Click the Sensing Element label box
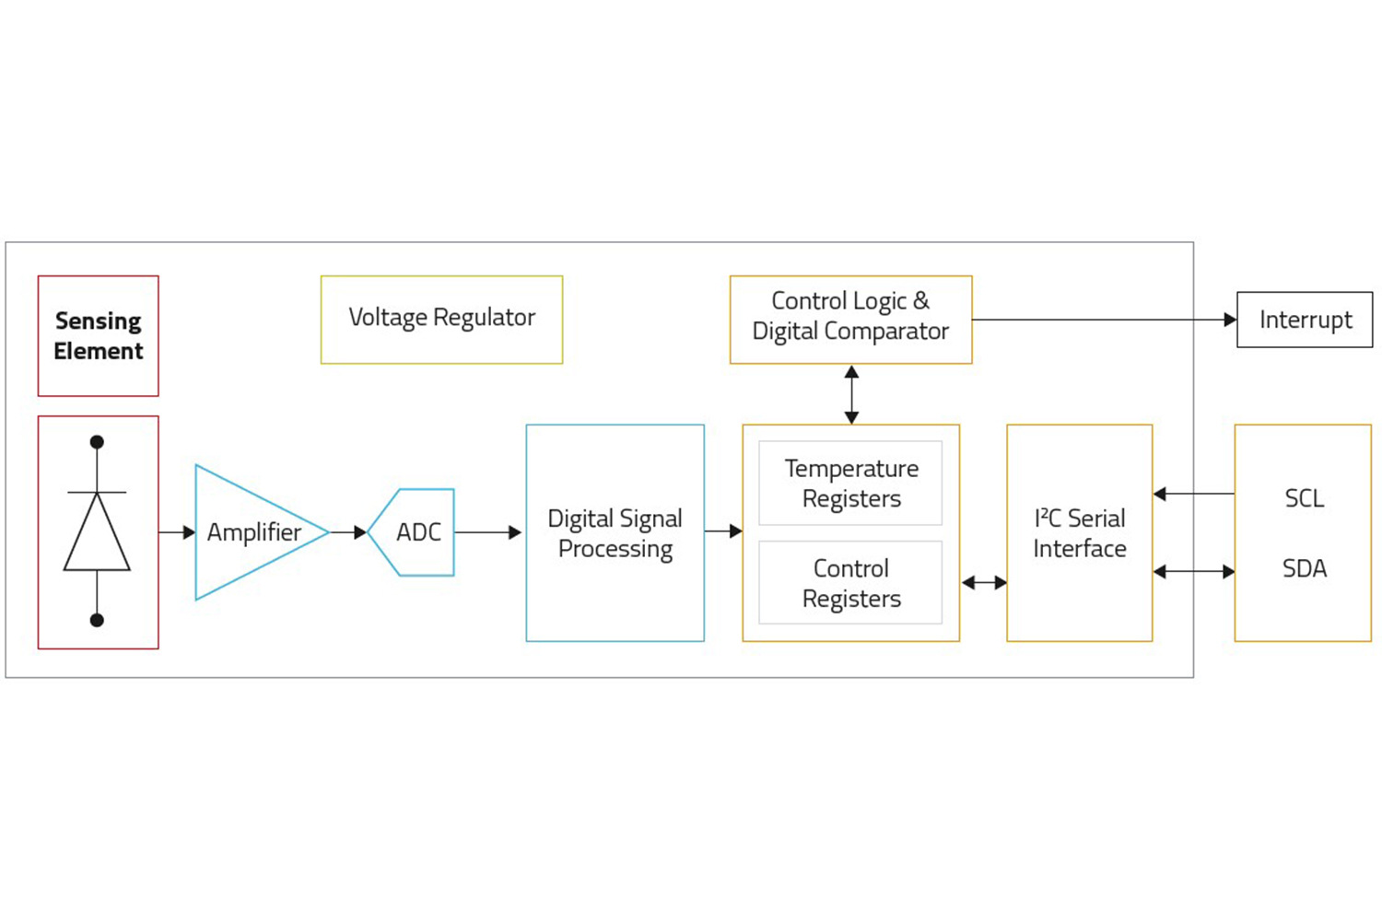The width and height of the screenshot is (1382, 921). pyautogui.click(x=98, y=336)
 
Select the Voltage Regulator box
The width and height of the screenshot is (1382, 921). pyautogui.click(x=441, y=319)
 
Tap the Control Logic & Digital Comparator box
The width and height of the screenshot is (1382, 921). pyautogui.click(x=850, y=319)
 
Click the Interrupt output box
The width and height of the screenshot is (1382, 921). pyautogui.click(x=1305, y=320)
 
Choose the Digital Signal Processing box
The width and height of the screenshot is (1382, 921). pyautogui.click(x=615, y=532)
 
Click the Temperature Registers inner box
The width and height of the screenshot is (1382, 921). pyautogui.click(x=850, y=484)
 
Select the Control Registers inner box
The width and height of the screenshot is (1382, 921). pyautogui.click(x=850, y=583)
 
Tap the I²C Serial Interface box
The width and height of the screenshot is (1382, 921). pyautogui.click(x=1079, y=532)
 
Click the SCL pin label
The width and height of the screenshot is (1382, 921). pyautogui.click(x=1304, y=498)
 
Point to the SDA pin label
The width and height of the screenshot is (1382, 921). pyautogui.click(x=1304, y=568)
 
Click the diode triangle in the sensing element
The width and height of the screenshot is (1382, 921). pyautogui.click(x=97, y=534)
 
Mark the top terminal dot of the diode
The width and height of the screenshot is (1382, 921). pyautogui.click(x=97, y=442)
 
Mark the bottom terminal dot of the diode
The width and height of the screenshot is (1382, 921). pyautogui.click(x=97, y=620)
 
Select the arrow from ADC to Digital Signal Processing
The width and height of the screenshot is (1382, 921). pyautogui.click(x=487, y=532)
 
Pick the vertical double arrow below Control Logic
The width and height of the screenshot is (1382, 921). pyautogui.click(x=851, y=394)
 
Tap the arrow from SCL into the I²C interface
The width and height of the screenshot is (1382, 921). pyautogui.click(x=1193, y=495)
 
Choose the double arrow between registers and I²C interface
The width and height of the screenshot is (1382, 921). pyautogui.click(x=983, y=582)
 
